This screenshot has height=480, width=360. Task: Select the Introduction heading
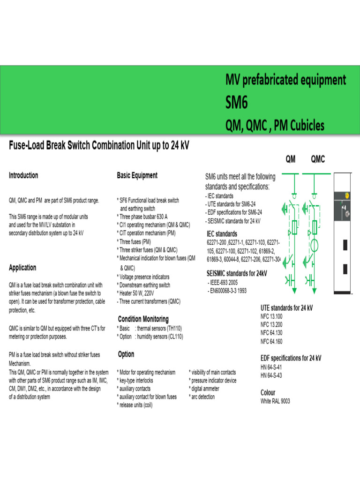pyautogui.click(x=23, y=175)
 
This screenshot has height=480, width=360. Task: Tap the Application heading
pyautogui.click(x=22, y=268)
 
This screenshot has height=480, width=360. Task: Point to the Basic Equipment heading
pyautogui.click(x=137, y=175)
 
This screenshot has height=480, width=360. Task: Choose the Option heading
pyautogui.click(x=126, y=354)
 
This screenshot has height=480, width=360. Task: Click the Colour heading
pyautogui.click(x=268, y=392)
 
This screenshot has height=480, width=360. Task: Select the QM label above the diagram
pyautogui.click(x=291, y=159)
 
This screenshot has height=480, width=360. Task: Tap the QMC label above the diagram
pyautogui.click(x=317, y=159)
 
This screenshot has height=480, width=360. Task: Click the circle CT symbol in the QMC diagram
pyautogui.click(x=313, y=245)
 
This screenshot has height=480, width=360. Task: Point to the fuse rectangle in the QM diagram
pyautogui.click(x=294, y=228)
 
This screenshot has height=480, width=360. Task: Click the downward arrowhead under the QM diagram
pyautogui.click(x=294, y=291)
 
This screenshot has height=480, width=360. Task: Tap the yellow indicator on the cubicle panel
pyautogui.click(x=347, y=195)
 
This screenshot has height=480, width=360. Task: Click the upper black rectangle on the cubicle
pyautogui.click(x=345, y=245)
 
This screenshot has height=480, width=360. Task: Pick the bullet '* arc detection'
pyautogui.click(x=202, y=397)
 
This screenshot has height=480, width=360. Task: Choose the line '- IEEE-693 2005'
pyautogui.click(x=227, y=283)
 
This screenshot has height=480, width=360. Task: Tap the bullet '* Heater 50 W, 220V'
pyautogui.click(x=142, y=292)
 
